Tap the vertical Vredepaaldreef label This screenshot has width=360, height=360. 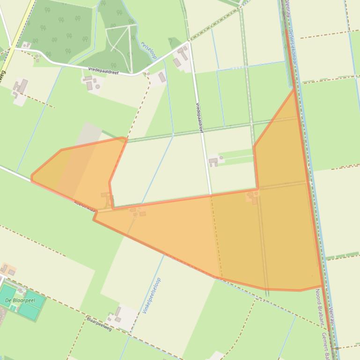[x=199, y=118]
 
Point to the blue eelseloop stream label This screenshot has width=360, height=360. [x=149, y=50]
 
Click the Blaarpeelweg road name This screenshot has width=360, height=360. [x=99, y=323]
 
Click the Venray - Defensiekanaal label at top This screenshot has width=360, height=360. [x=291, y=33]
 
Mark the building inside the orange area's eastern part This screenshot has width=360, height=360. [x=253, y=197]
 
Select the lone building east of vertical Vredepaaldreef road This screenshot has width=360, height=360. [x=214, y=162]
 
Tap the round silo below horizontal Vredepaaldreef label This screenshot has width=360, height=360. [x=98, y=86]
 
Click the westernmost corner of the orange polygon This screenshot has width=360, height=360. [x=31, y=178]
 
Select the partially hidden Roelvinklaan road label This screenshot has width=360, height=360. [x=85, y=206]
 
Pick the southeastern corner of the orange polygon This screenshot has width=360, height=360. [x=322, y=286]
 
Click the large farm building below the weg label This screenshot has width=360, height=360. [x=21, y=86]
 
